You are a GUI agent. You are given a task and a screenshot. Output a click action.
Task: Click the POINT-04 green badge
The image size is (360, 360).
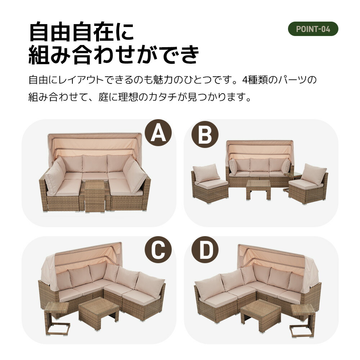coord(313,29)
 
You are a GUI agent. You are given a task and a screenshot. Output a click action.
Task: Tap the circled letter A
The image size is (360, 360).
coord(158,133)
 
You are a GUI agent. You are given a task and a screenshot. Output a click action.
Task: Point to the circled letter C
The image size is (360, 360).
coord(158,250)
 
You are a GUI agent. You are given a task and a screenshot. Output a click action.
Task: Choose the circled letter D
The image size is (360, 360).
coord(205,250)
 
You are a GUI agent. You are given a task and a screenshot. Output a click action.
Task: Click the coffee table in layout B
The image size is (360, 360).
coord(258,189)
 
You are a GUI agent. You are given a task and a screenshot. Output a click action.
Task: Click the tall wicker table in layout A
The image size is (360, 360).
coord(95,196)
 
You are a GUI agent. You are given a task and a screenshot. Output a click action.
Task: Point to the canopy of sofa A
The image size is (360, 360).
coord(95,145)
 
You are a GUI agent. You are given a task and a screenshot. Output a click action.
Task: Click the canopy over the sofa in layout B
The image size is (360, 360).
coord(260,150)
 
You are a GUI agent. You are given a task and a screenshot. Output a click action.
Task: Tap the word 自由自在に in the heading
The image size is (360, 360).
coord(81,31)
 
